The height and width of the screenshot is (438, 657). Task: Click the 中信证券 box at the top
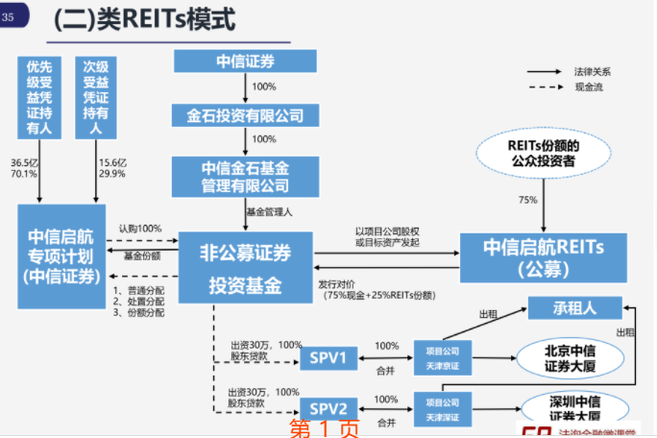tap(244, 61)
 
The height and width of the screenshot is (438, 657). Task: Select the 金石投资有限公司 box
tap(244, 115)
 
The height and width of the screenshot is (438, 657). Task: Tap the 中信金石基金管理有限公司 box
tap(244, 176)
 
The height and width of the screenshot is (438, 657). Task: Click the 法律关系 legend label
tap(593, 72)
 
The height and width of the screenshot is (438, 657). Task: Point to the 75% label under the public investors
tap(527, 200)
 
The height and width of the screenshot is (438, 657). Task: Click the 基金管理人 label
tap(269, 210)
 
